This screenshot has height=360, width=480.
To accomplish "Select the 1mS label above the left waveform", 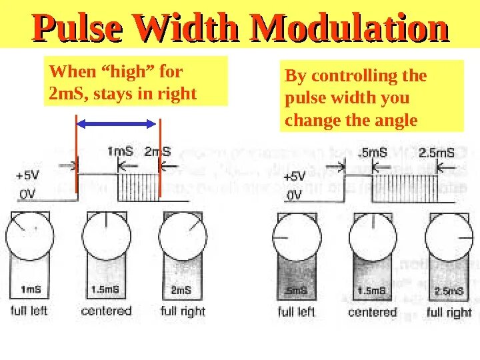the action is tap(120, 151).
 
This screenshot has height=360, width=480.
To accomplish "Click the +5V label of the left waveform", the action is tap(27, 176).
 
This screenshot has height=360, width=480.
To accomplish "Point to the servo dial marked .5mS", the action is tap(297, 237).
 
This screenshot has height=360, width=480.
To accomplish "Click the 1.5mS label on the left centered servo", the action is tap(106, 290).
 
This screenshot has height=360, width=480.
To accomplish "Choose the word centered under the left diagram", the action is tap(106, 311).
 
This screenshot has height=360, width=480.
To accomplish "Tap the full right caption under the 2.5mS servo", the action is tap(449, 312).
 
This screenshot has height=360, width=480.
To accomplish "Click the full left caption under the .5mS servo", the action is tap(296, 312).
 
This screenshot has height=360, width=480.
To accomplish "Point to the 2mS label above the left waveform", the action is tap(157, 151).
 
